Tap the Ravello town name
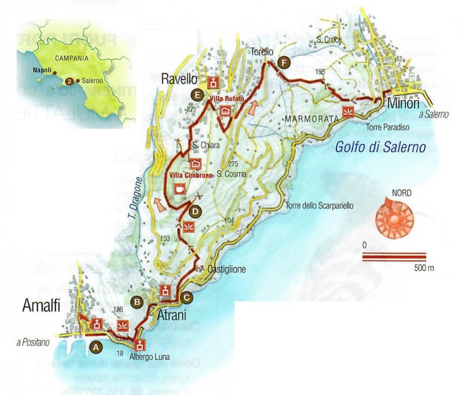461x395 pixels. click(x=179, y=80)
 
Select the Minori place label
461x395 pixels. click(x=404, y=102)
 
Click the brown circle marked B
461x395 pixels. click(x=137, y=302)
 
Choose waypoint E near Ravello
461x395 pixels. click(x=198, y=95)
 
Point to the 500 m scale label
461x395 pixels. click(x=423, y=268)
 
